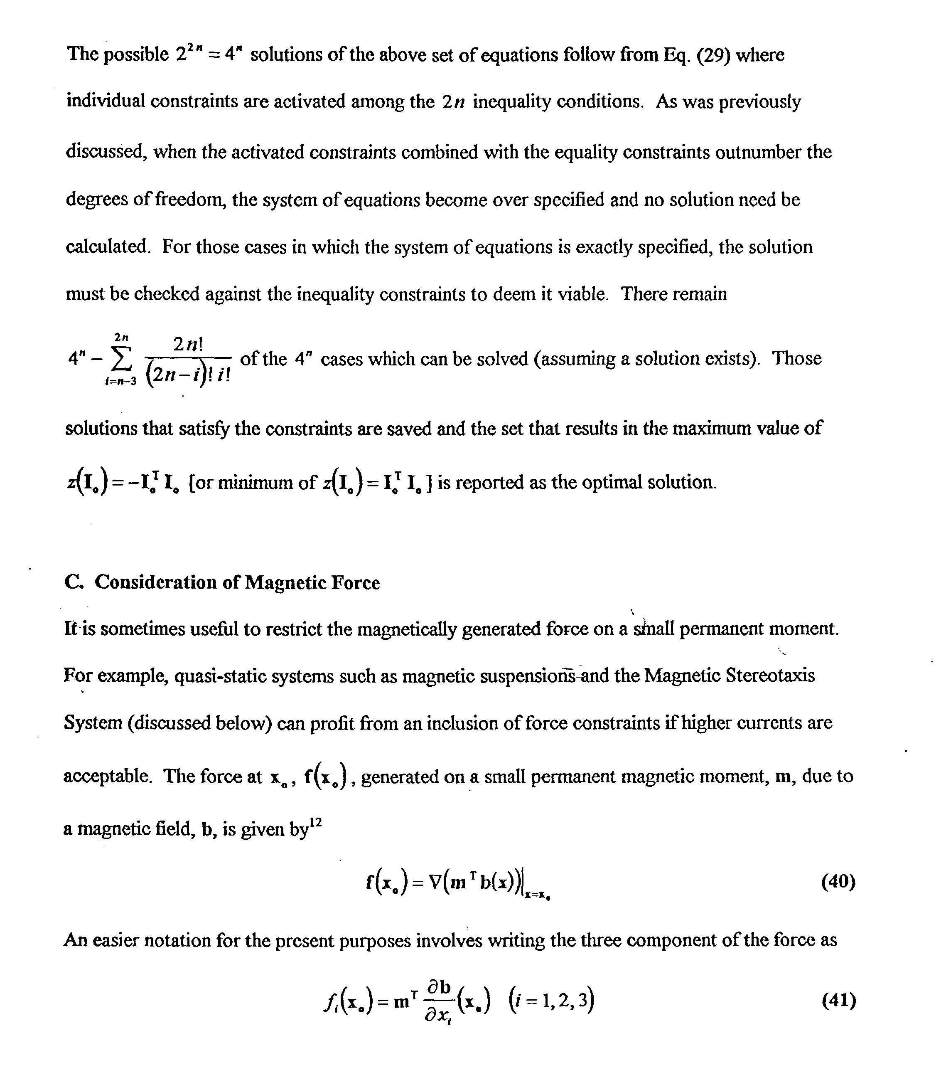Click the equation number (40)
pos(838,882)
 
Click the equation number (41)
pos(838,1001)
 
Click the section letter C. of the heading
pos(74,582)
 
